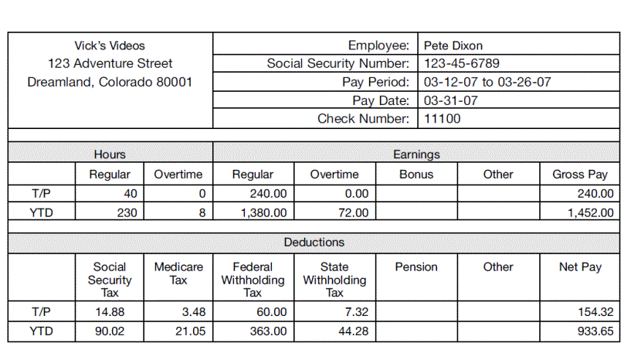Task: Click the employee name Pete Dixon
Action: [453, 46]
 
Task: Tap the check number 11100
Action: [443, 119]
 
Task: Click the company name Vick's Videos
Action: [110, 46]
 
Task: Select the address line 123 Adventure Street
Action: [110, 63]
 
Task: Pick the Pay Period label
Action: [375, 82]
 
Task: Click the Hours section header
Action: [110, 155]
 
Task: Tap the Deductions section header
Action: [314, 243]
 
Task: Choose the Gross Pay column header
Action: [579, 175]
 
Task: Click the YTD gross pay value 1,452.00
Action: [590, 212]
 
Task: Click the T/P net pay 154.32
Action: [596, 312]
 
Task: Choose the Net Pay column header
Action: [579, 267]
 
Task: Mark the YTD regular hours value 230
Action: [127, 212]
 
